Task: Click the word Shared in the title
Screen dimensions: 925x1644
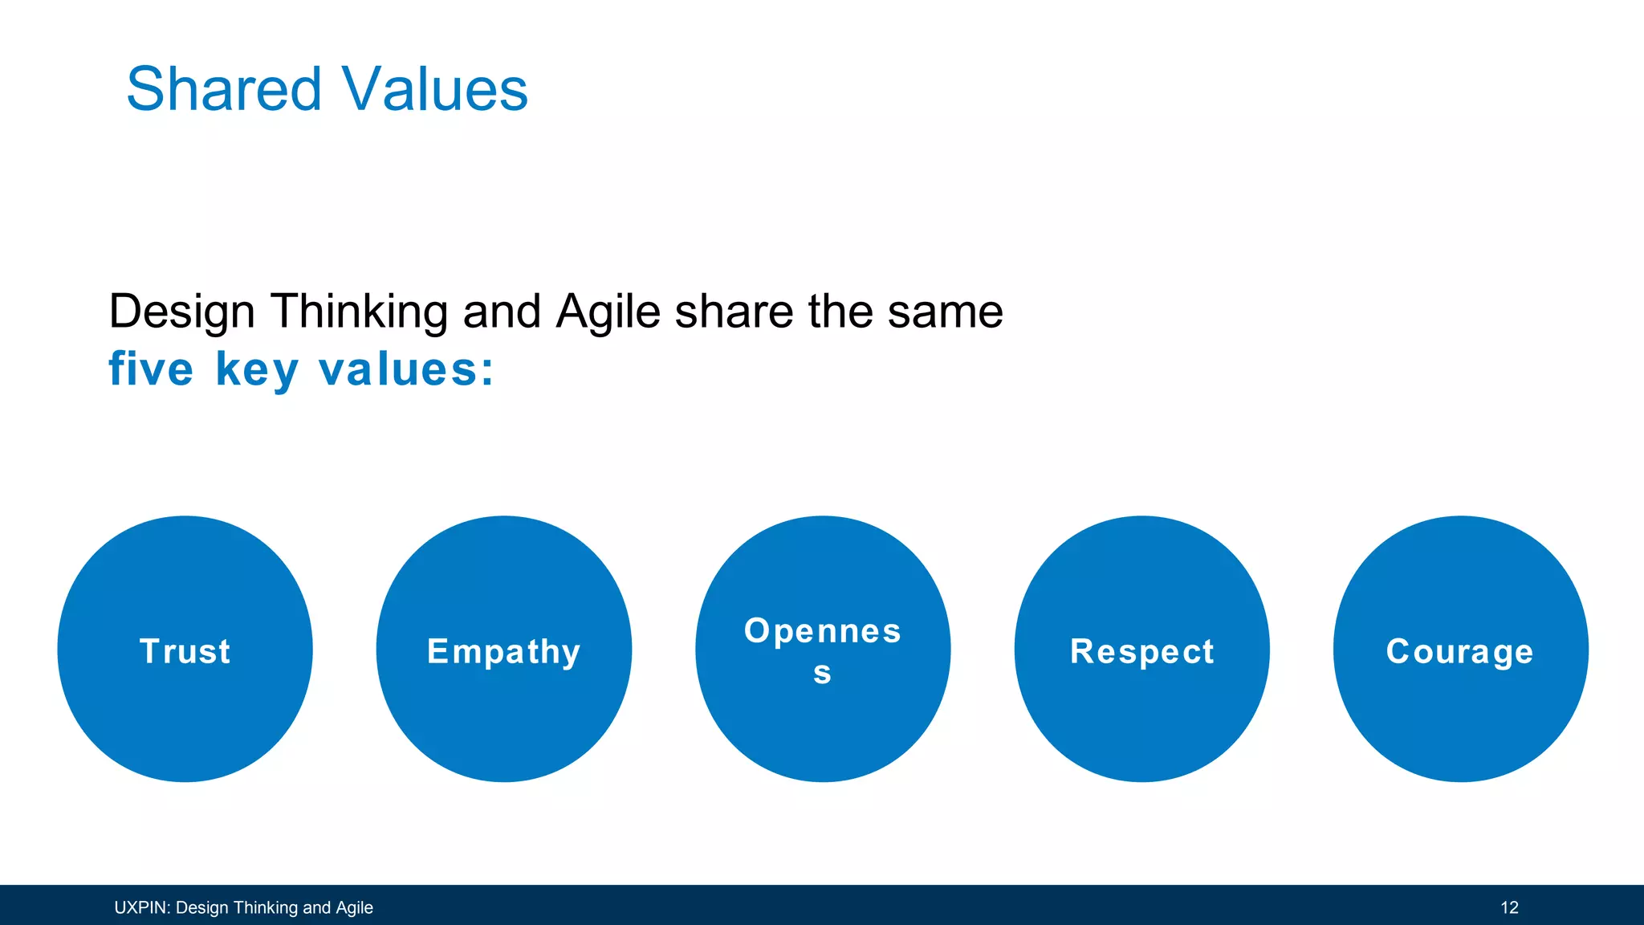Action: click(x=224, y=88)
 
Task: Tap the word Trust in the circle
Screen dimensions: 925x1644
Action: click(x=185, y=651)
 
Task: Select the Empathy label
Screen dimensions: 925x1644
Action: click(x=503, y=652)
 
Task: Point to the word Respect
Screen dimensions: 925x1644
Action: click(x=1141, y=652)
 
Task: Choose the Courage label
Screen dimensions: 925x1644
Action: click(x=1459, y=652)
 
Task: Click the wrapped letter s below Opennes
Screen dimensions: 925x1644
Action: click(x=822, y=673)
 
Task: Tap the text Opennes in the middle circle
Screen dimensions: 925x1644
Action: click(x=822, y=631)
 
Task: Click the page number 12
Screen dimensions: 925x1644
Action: click(x=1509, y=907)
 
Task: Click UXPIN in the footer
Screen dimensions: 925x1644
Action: click(x=140, y=907)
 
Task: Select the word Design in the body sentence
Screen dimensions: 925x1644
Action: click(x=181, y=312)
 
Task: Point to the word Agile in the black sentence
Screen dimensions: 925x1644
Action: click(x=608, y=312)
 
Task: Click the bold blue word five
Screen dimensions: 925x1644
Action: click(x=151, y=369)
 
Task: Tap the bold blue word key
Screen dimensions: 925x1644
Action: click(x=257, y=371)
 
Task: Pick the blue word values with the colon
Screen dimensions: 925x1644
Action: click(x=406, y=369)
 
